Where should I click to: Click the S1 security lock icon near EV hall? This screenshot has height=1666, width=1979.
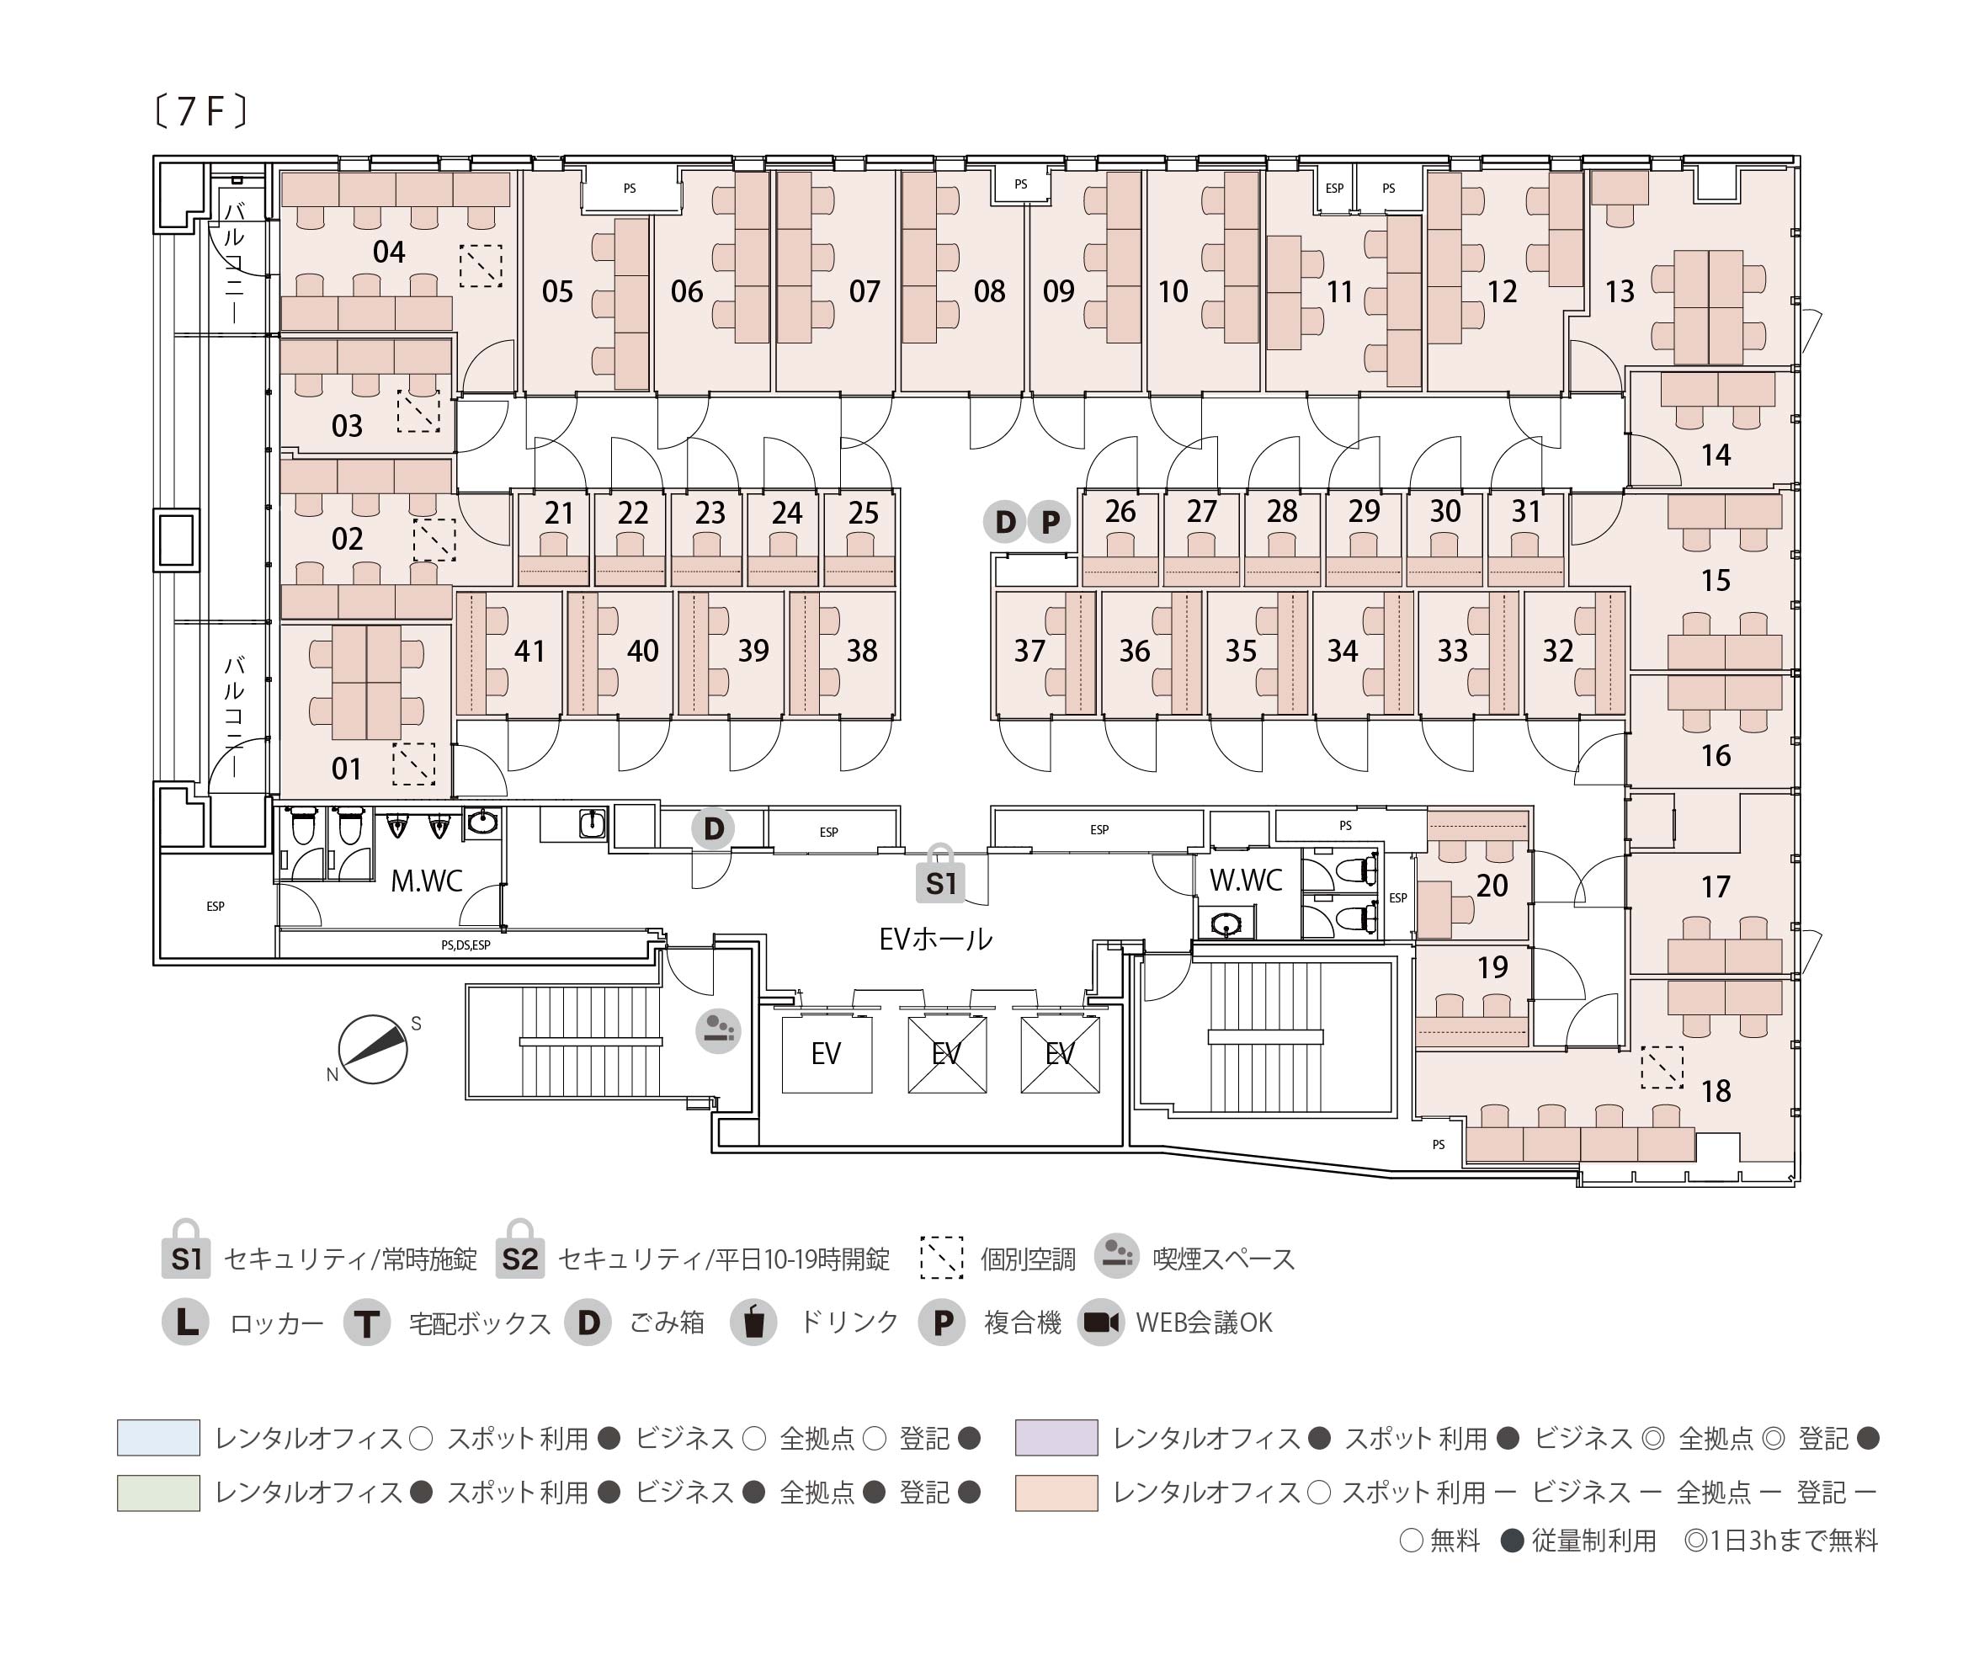[940, 876]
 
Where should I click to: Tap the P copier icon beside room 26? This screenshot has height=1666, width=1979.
[1049, 521]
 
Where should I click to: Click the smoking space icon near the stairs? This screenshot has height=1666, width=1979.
[717, 1030]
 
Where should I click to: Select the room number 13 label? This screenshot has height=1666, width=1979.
[1620, 292]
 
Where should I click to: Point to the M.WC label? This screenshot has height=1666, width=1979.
[426, 881]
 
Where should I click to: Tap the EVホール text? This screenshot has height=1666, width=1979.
[934, 939]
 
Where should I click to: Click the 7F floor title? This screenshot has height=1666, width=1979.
[200, 111]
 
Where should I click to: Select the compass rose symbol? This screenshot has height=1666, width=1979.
[373, 1049]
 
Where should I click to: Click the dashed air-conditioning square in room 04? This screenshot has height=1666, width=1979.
[481, 266]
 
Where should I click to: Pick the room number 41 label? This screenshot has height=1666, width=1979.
[529, 651]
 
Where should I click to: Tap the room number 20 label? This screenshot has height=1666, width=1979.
[1492, 886]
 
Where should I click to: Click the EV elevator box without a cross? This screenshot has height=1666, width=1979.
[826, 1053]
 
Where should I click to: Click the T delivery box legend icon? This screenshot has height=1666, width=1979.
[366, 1323]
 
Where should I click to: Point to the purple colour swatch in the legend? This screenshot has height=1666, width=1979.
[1056, 1438]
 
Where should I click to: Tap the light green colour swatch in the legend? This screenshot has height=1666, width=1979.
[157, 1493]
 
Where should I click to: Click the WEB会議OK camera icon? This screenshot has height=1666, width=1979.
[1101, 1323]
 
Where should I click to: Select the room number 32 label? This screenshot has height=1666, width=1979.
[1558, 651]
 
